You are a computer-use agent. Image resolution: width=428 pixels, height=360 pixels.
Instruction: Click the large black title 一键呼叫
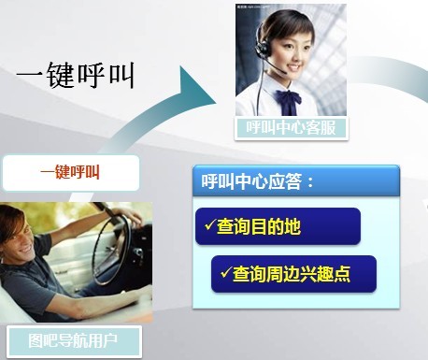76,75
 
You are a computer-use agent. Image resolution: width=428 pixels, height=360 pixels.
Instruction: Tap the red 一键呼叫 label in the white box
70,172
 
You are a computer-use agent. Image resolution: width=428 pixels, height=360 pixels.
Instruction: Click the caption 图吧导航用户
73,338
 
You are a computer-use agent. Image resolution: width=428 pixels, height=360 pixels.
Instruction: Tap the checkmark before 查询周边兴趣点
224,273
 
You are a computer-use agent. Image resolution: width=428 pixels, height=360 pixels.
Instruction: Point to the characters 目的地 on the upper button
280,226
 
